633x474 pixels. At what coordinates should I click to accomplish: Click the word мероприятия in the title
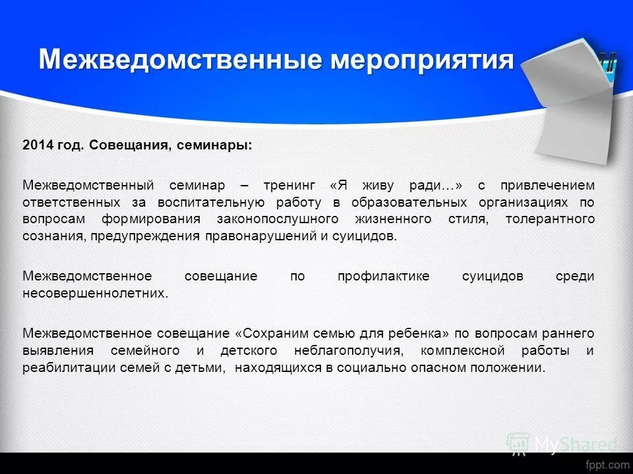pos(421,60)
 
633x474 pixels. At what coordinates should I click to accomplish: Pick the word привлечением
pos(547,185)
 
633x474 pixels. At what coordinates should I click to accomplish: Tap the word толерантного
pos(550,219)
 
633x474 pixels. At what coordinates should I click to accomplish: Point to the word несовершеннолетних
pos(95,294)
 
